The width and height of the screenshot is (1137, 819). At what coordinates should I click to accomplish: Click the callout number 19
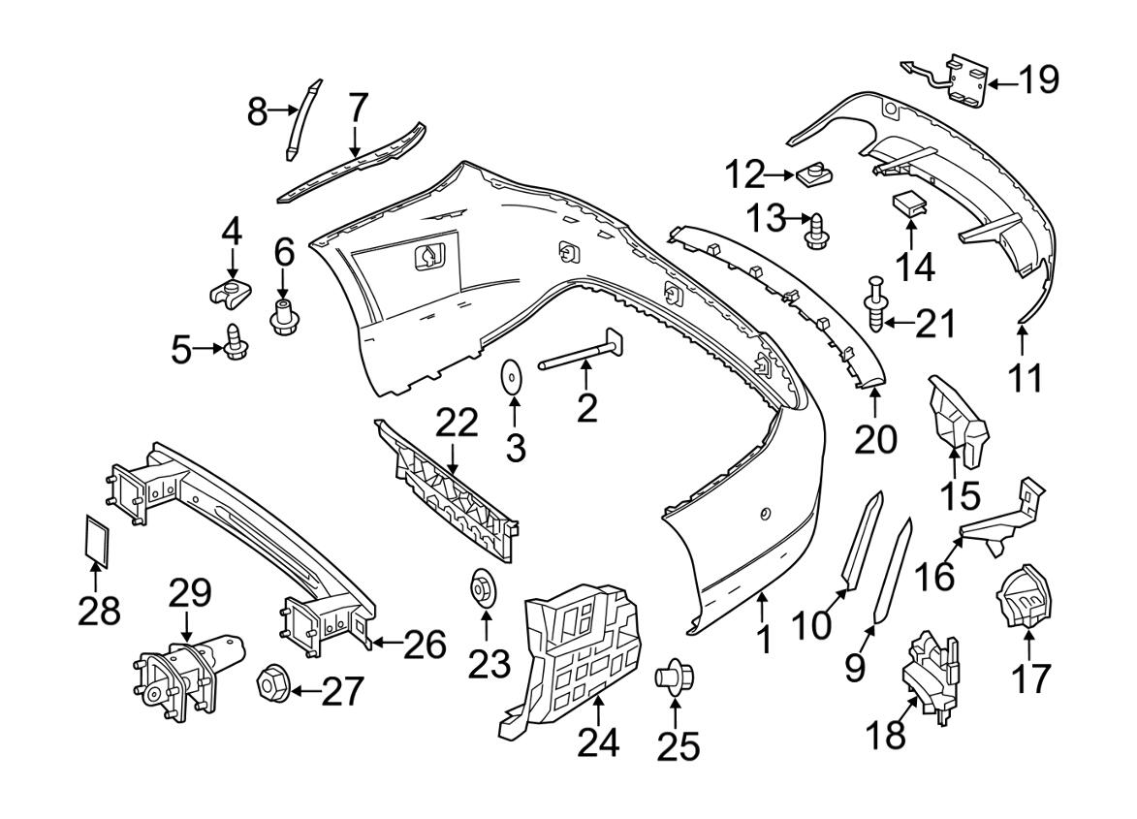click(x=1038, y=79)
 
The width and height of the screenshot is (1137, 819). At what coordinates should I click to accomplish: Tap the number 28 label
click(x=99, y=611)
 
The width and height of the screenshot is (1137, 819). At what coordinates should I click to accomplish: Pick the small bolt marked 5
click(x=235, y=342)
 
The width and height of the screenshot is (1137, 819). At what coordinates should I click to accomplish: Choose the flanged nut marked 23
click(x=480, y=587)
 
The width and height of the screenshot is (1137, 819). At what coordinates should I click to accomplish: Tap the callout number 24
click(x=599, y=741)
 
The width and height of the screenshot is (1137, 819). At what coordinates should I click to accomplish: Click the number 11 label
click(x=1024, y=375)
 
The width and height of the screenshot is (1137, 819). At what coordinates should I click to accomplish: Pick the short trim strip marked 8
click(x=303, y=118)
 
